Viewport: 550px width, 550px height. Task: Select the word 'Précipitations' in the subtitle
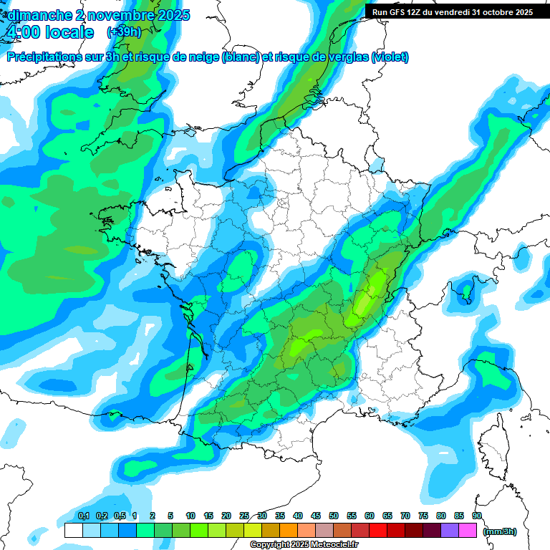pos(49,57)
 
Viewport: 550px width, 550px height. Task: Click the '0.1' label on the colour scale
pos(83,516)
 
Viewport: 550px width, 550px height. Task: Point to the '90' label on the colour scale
pos(477,516)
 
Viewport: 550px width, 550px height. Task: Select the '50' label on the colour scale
pos(334,516)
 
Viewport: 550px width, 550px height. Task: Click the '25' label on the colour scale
pos(244,516)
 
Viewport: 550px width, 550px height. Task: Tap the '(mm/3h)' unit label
pos(500,531)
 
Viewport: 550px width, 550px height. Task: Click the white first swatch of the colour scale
pos(74,531)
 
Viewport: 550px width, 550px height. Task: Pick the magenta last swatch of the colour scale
pos(468,531)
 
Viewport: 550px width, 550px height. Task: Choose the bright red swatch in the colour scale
pos(378,531)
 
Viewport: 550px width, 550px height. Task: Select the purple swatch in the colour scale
pos(450,531)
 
